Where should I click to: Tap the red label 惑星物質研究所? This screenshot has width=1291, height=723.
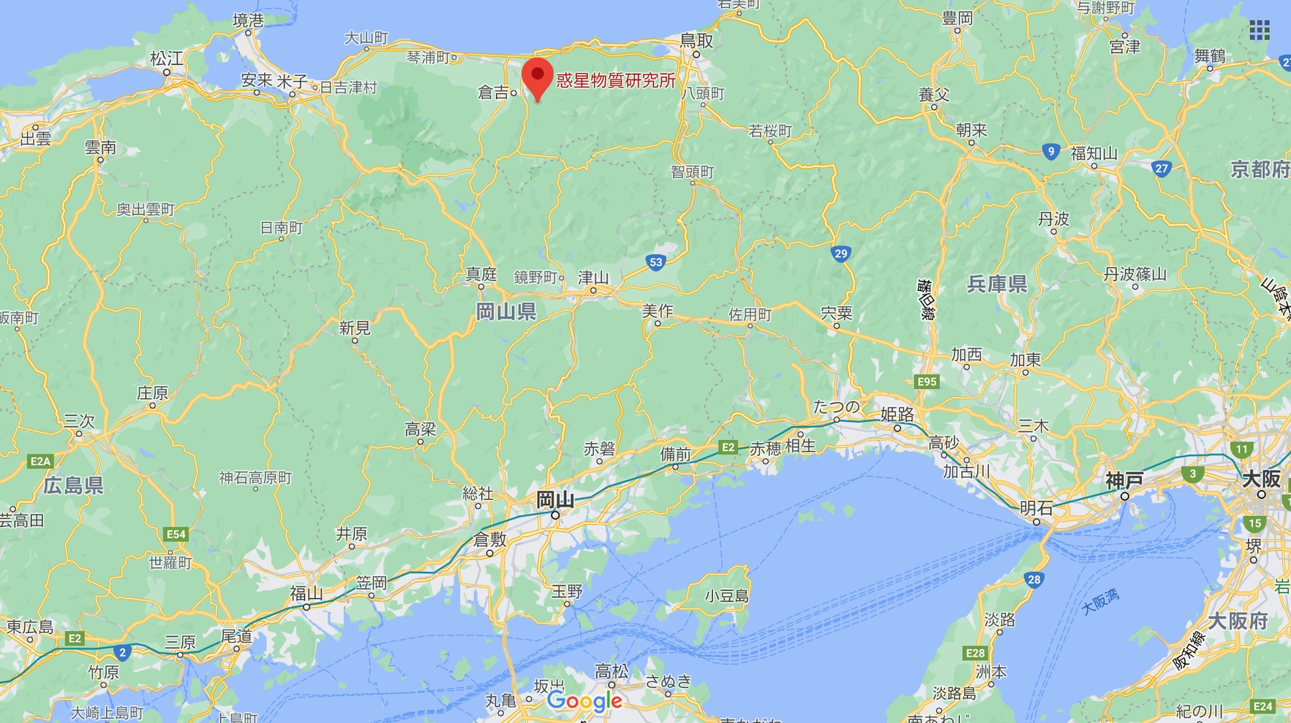(x=616, y=81)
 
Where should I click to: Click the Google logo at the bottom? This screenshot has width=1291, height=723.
(x=585, y=701)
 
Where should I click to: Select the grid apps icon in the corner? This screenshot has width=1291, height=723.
(x=1259, y=30)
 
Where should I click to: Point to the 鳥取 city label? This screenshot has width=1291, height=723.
(x=696, y=41)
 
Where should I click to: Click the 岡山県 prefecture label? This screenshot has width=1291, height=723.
(x=506, y=312)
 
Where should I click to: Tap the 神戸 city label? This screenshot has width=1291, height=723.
(x=1124, y=481)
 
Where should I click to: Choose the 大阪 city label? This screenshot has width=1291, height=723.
(x=1261, y=479)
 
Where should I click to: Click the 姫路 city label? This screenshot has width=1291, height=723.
(x=897, y=415)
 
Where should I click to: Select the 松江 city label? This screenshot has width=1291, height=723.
(x=166, y=59)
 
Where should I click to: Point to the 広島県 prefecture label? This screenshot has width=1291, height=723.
(x=73, y=486)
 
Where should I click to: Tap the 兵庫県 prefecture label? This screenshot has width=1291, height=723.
(x=997, y=284)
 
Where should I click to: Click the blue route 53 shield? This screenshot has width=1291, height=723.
(x=655, y=262)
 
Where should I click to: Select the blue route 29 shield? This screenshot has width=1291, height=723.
(x=840, y=253)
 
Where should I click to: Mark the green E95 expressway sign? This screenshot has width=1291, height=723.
(x=926, y=382)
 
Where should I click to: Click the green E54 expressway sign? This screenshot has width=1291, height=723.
(x=176, y=534)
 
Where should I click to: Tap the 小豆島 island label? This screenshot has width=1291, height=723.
(x=726, y=596)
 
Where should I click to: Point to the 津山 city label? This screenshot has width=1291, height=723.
(x=593, y=278)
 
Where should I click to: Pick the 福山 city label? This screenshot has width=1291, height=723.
(x=307, y=593)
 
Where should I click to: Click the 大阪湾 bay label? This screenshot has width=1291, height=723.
(x=1100, y=601)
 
